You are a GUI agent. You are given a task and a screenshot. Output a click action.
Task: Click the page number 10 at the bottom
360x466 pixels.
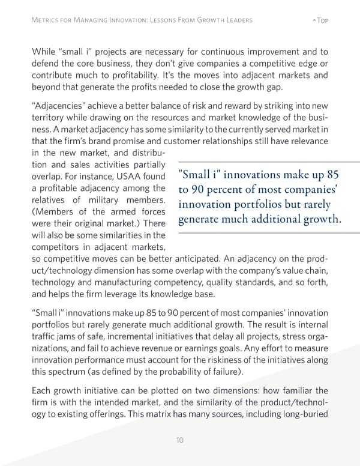pyautogui.click(x=179, y=440)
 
